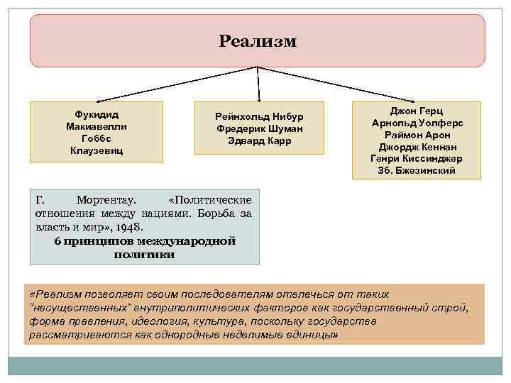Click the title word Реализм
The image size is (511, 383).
point(258,41)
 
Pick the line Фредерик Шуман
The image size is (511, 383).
point(259,128)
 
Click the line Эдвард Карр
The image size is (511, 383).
point(259,140)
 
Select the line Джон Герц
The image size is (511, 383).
point(417,111)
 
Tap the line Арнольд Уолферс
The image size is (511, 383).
point(417,123)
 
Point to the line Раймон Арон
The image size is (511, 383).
point(417,135)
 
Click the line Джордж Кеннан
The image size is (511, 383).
point(417,147)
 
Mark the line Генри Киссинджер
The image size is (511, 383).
point(417,159)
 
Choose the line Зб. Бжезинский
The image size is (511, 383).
point(417,171)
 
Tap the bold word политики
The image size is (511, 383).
point(144,255)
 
